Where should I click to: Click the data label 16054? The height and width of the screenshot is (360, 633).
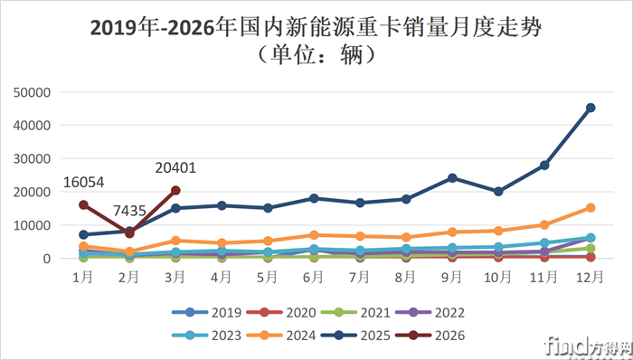click(83, 183)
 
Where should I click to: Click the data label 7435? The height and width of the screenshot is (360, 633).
click(129, 211)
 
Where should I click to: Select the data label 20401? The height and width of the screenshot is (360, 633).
click(175, 167)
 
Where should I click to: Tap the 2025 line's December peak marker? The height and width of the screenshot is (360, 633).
click(590, 108)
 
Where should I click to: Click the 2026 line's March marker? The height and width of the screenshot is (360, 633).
click(175, 190)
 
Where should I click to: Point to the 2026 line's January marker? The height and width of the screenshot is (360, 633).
click(83, 204)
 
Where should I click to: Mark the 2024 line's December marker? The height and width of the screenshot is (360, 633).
click(590, 207)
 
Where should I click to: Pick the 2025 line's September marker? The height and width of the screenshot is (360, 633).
click(452, 177)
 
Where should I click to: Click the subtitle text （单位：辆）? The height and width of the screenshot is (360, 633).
click(316, 54)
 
